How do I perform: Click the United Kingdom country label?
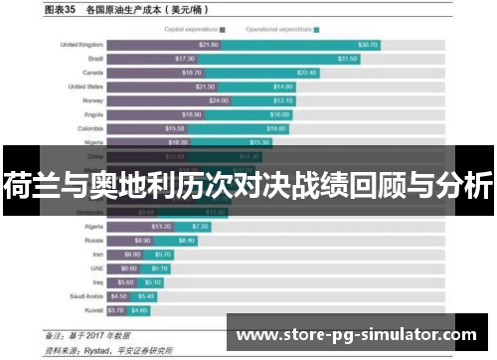83,45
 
